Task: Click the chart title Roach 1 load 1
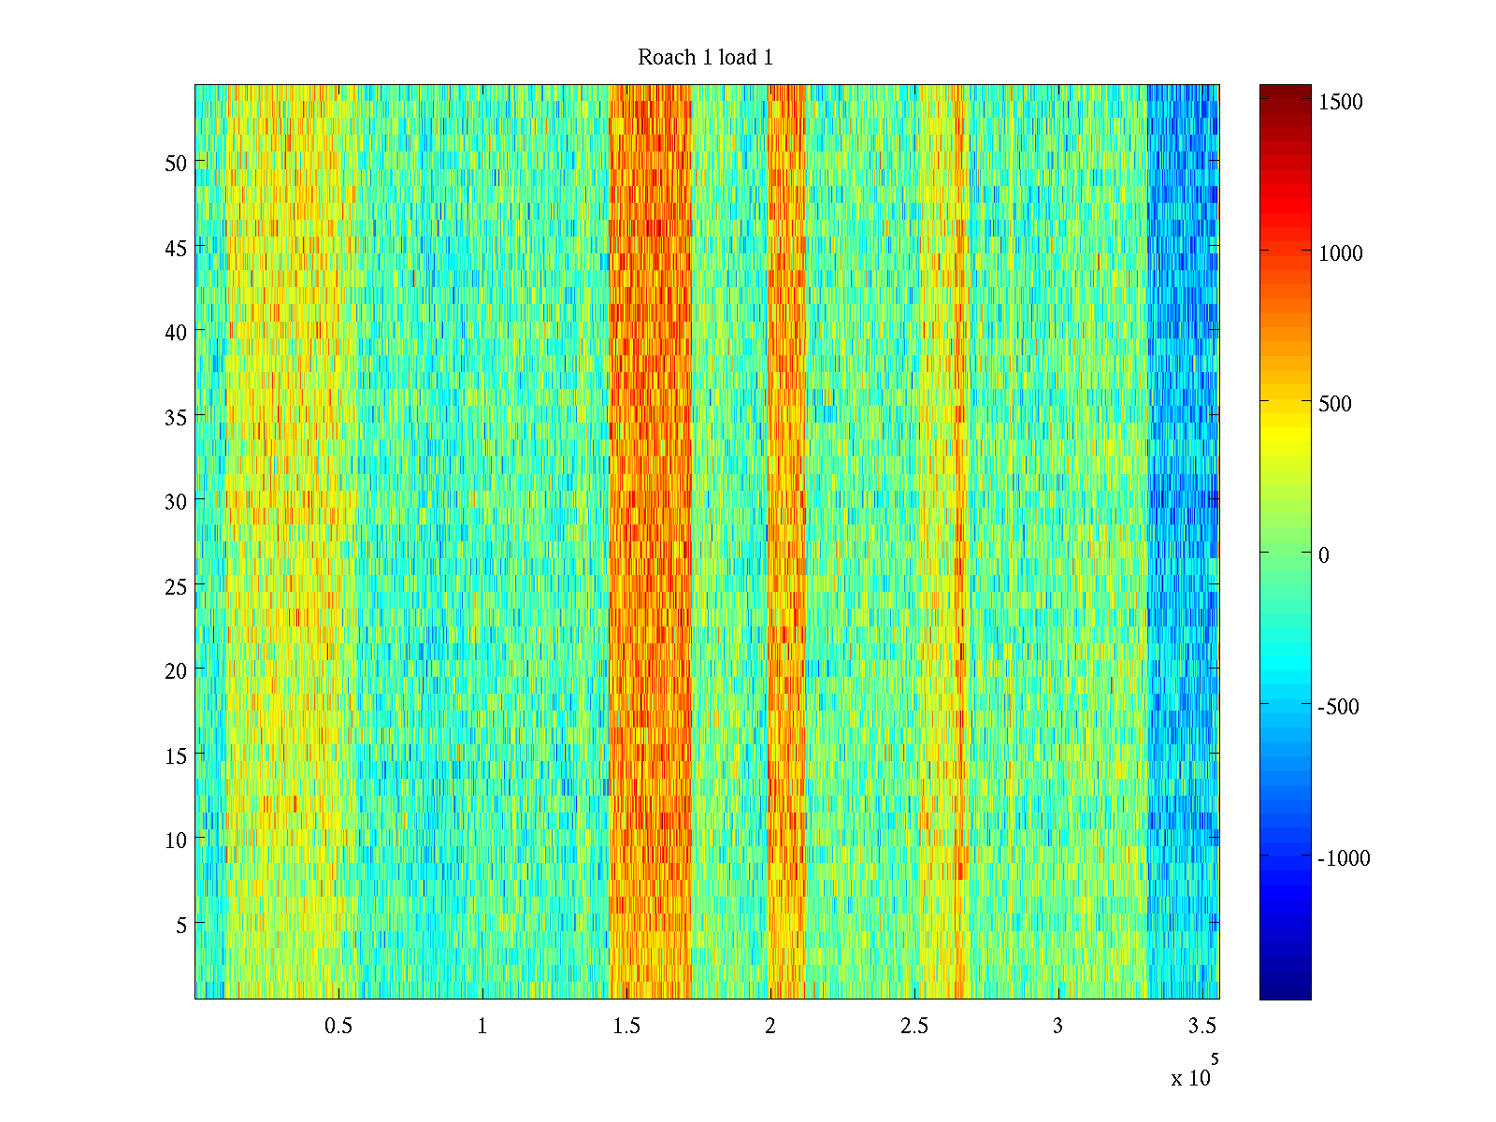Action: coord(705,58)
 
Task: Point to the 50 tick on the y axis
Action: coord(176,163)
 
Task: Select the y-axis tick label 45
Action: coord(176,248)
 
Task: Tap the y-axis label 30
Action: coord(176,501)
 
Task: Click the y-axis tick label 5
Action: coord(181,925)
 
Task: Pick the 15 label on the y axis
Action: coord(176,755)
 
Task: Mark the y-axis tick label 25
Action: coord(176,586)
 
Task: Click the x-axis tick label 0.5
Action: coord(338,1027)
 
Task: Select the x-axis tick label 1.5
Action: coord(626,1027)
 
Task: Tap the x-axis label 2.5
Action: coord(914,1027)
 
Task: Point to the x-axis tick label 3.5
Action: coord(1202,1027)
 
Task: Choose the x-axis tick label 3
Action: coord(1057,1027)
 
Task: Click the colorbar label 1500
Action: coord(1341,102)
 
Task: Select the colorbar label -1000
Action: coord(1344,858)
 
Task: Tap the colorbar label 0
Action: coord(1324,555)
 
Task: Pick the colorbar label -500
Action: coord(1338,707)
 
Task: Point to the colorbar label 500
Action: coord(1335,404)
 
